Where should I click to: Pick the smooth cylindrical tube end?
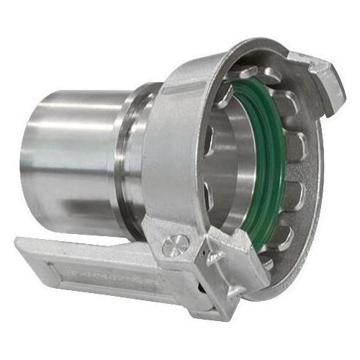(72, 158)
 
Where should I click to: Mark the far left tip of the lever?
(16, 248)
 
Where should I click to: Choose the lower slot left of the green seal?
(209, 194)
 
